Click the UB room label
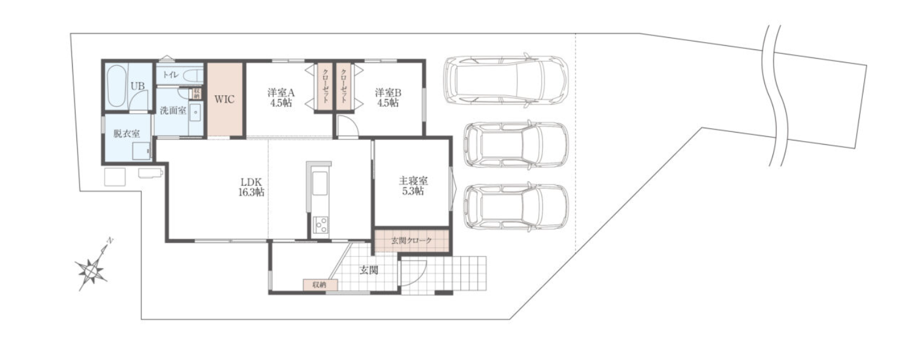tap(137, 86)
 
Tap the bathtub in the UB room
tap(117, 86)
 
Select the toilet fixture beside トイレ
tap(192, 76)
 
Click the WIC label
tap(224, 100)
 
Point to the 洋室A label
tap(281, 92)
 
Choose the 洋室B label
tap(388, 92)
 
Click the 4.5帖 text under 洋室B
tap(388, 103)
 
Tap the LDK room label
tap(251, 181)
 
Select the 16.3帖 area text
tap(251, 192)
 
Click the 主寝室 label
tap(413, 181)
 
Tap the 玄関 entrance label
tap(369, 270)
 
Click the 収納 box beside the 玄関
tap(320, 285)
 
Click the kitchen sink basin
tap(320, 183)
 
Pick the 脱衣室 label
tap(126, 134)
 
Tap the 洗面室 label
tap(173, 110)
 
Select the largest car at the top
tap(506, 80)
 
